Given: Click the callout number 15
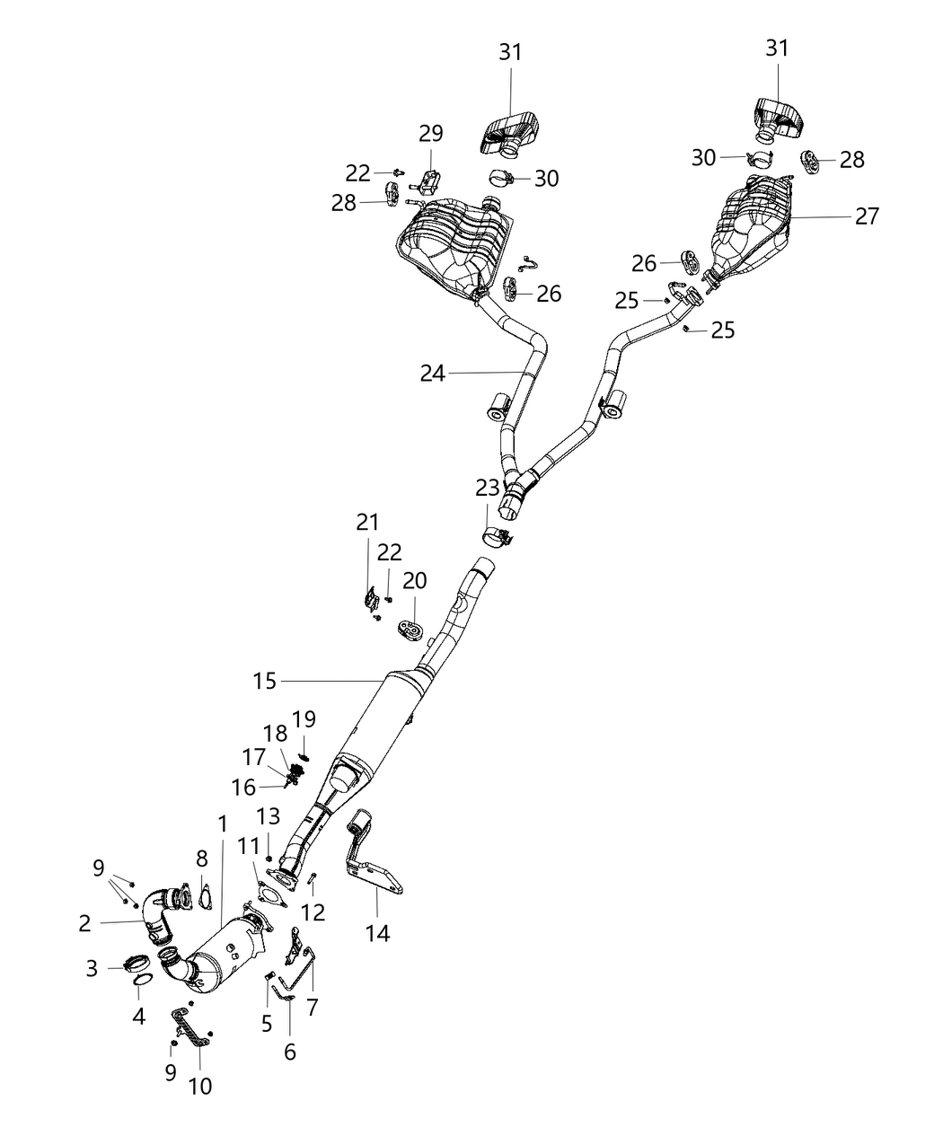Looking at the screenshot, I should (265, 682).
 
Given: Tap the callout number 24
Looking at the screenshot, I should (432, 373).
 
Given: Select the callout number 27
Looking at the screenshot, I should (867, 216).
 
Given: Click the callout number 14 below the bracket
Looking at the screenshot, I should (378, 933).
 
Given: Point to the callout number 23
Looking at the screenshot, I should (487, 488).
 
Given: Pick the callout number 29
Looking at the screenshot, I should (431, 134).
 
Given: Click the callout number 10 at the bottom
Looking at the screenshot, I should (200, 1086).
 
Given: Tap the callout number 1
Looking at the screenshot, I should (222, 823).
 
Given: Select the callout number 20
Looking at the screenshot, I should (414, 581).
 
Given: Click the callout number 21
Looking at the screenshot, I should (367, 522).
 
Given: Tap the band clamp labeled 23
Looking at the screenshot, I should (497, 537).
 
